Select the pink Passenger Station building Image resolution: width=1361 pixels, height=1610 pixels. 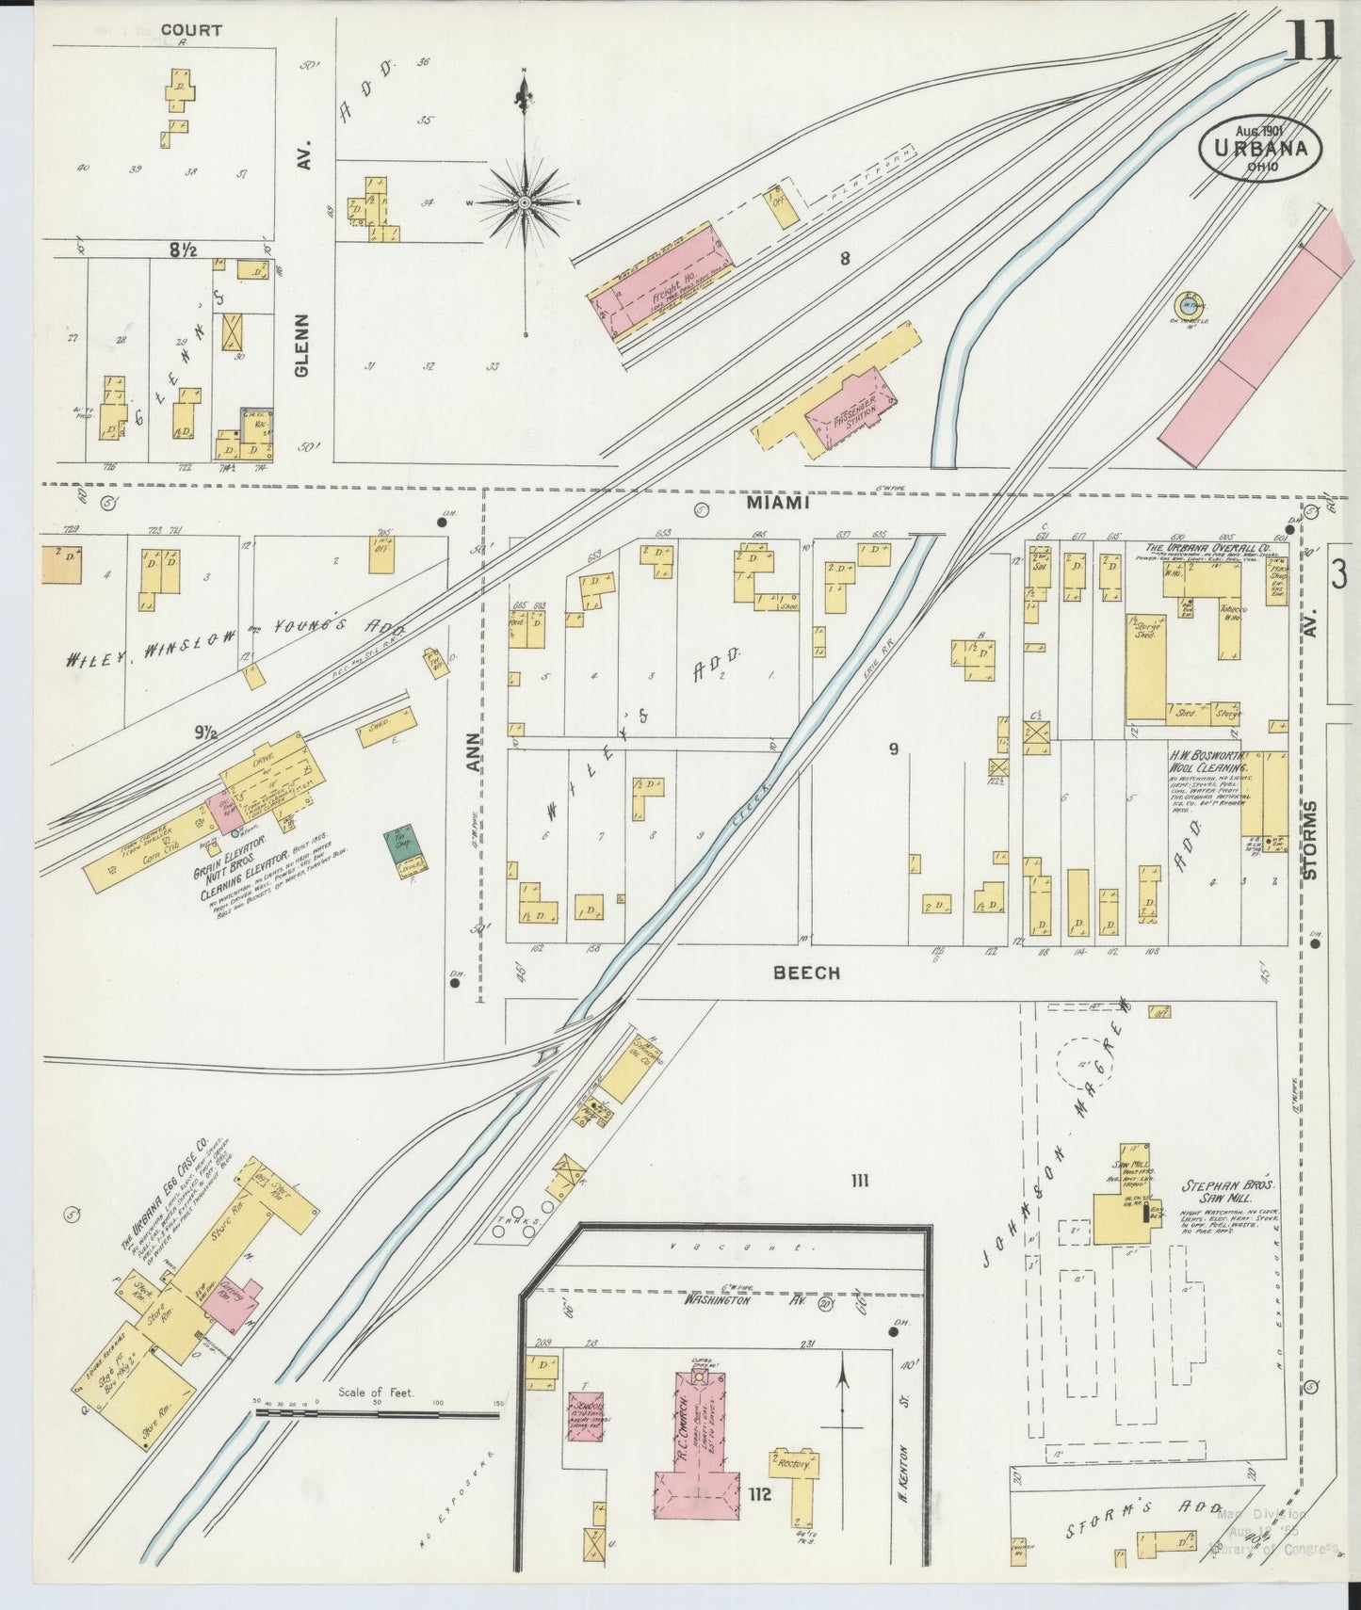pyautogui.click(x=848, y=411)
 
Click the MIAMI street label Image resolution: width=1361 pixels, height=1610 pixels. pyautogui.click(x=778, y=504)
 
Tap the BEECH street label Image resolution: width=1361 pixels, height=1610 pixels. pyautogui.click(x=806, y=973)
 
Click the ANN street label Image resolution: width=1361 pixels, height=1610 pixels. pyautogui.click(x=474, y=753)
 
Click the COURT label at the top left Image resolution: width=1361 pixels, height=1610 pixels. pyautogui.click(x=191, y=30)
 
